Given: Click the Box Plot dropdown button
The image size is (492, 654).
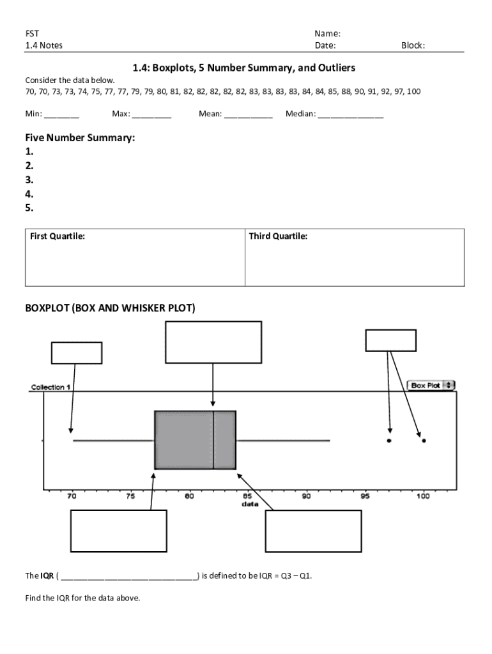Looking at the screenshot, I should (x=431, y=385).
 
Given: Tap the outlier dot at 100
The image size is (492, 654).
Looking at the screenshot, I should (x=424, y=441).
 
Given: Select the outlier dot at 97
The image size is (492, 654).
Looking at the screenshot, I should (x=388, y=441).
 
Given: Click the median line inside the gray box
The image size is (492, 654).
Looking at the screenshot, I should (x=213, y=440).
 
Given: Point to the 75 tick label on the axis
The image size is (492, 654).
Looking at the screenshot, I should (x=130, y=495).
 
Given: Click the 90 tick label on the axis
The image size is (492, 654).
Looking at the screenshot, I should (x=306, y=495).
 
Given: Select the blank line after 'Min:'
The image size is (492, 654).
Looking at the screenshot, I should (x=62, y=115).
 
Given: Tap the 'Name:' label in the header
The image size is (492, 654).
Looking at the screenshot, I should (x=327, y=33).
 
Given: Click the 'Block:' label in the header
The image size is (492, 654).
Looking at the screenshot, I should (x=413, y=45).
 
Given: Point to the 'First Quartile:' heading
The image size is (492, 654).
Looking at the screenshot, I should (x=58, y=236).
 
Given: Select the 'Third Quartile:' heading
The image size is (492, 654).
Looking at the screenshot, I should (x=278, y=236).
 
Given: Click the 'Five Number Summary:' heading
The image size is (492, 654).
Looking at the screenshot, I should (x=80, y=138).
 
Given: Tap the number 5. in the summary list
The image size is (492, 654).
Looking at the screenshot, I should (x=29, y=208).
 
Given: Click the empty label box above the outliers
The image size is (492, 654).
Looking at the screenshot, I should (x=390, y=340).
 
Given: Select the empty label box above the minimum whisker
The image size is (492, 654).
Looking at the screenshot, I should (x=76, y=353).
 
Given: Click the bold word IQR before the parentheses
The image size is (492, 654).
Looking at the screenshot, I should (x=47, y=575).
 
